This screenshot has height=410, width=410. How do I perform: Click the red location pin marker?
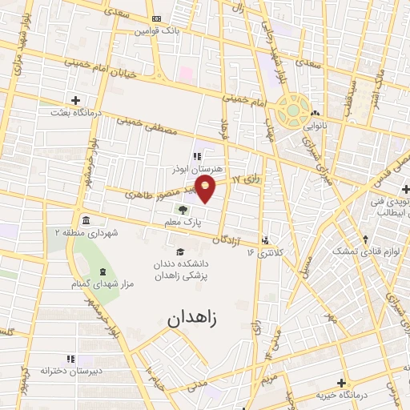click(x=206, y=189)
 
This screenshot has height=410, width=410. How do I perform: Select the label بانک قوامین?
click(x=164, y=30)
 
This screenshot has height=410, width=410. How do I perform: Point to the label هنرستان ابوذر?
click(x=195, y=169)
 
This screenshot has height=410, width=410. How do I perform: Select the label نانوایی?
click(x=313, y=126)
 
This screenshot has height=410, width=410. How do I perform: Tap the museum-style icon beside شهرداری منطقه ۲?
click(x=86, y=220)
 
